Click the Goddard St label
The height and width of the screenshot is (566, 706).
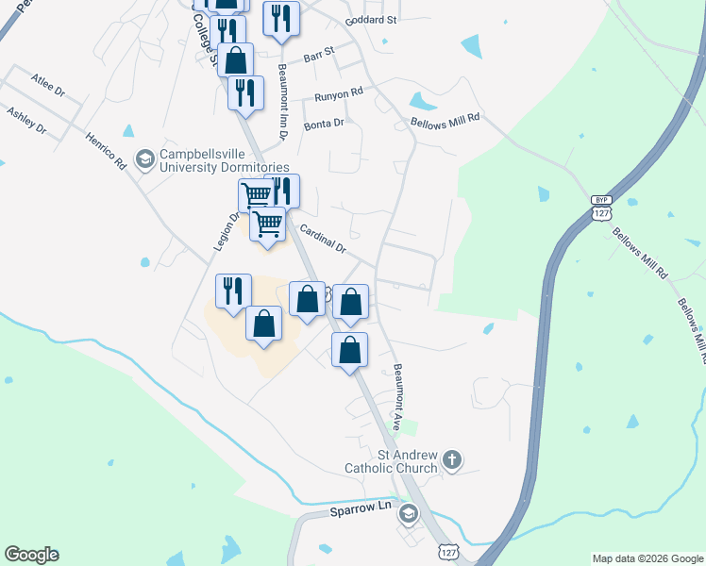pyautogui.click(x=372, y=19)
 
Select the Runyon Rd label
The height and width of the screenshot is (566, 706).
pyautogui.click(x=339, y=94)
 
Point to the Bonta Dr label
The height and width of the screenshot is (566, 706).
pyautogui.click(x=324, y=123)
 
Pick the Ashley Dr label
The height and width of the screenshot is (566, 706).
pyautogui.click(x=26, y=120)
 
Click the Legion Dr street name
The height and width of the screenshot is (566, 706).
pyautogui.click(x=223, y=230)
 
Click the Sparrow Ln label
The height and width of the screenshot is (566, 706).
pyautogui.click(x=360, y=509)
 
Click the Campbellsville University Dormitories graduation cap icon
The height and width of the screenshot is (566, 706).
pyautogui.click(x=144, y=158)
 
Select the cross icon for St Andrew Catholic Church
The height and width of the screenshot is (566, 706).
pyautogui.click(x=452, y=460)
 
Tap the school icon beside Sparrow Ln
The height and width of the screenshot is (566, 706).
pyautogui.click(x=408, y=513)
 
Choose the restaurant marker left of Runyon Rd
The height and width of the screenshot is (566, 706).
pyautogui.click(x=244, y=92)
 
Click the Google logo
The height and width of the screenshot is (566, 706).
pyautogui.click(x=31, y=555)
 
